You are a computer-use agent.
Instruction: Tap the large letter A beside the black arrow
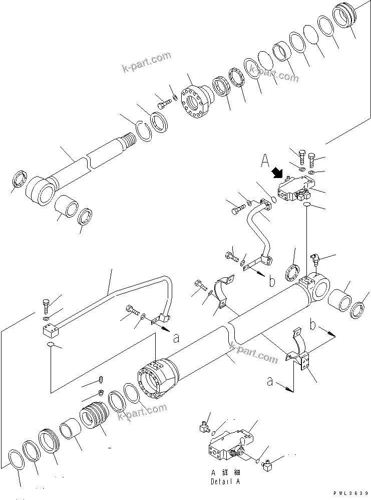265,161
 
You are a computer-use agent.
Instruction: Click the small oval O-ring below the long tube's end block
50,345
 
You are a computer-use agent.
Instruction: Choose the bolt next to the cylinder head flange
164,104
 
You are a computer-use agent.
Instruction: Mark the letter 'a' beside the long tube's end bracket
176,339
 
